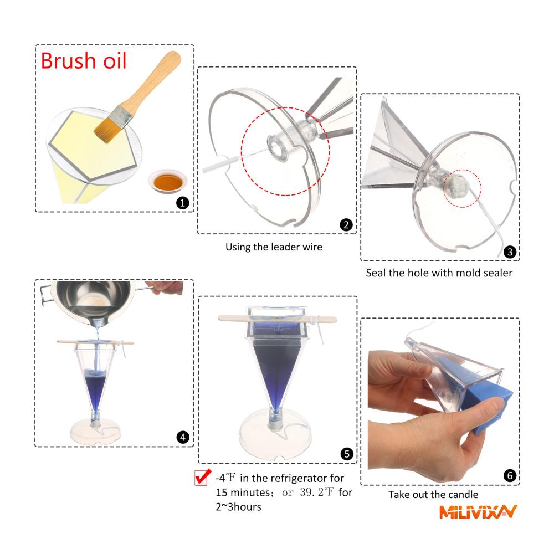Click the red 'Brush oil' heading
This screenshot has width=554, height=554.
pos(84,61)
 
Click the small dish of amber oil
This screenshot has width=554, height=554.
pos(168,181)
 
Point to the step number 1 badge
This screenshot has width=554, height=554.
pos(183,203)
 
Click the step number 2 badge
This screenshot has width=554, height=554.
pos(346,225)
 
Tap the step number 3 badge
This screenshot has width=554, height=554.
pos(510,252)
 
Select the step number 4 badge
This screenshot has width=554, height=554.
pos(183,437)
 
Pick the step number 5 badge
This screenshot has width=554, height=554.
pos(347,454)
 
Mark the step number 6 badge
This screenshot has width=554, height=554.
pos(510,475)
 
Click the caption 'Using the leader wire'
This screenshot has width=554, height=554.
pos(274,247)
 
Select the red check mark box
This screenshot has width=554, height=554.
pos(202,477)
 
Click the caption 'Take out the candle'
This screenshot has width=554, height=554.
pos(433,494)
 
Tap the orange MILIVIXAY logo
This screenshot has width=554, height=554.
pos(478,511)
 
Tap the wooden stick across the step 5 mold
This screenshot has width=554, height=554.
pos(277,319)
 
